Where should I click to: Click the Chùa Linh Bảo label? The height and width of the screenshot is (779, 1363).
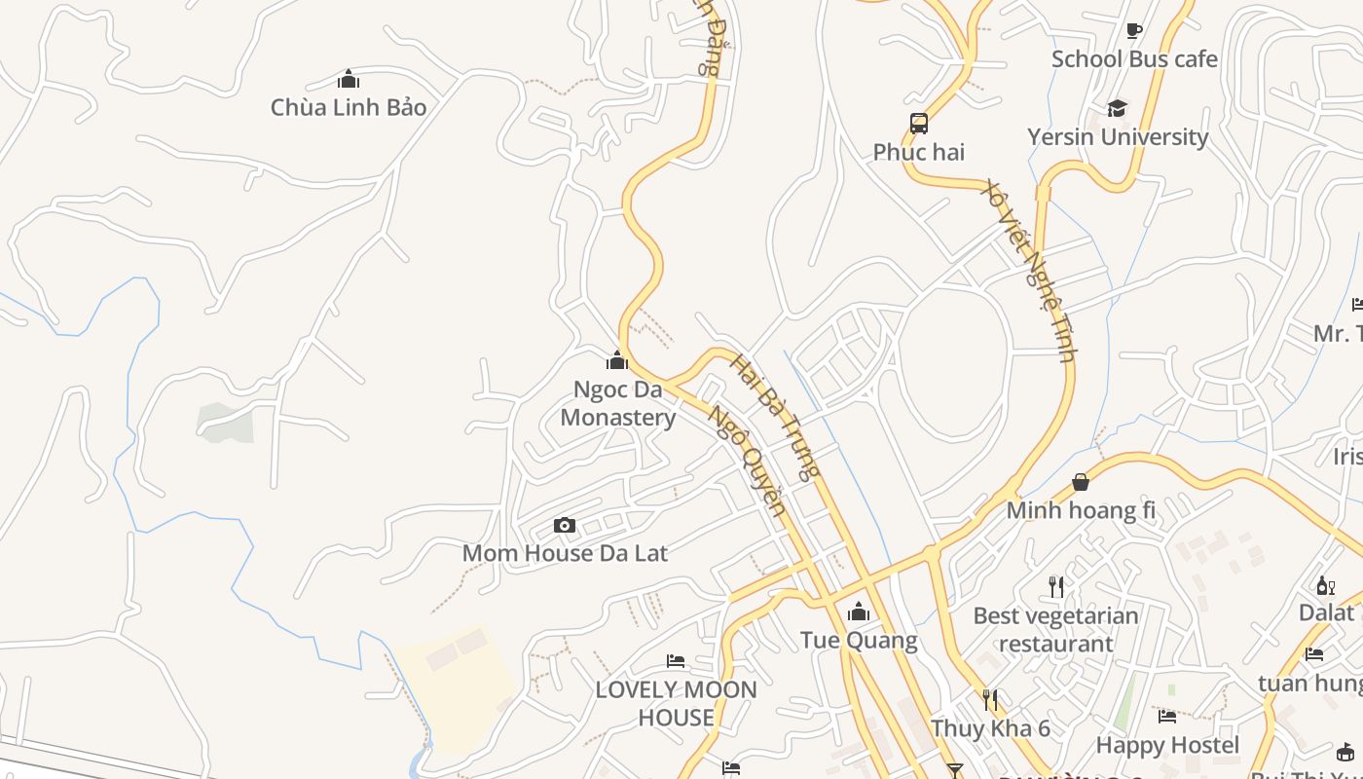pyautogui.click(x=349, y=107)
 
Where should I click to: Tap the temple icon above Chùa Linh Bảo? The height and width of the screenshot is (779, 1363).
pyautogui.click(x=349, y=79)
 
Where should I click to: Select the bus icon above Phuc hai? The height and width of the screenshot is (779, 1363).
pyautogui.click(x=919, y=124)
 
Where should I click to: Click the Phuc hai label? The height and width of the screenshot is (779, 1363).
pyautogui.click(x=918, y=152)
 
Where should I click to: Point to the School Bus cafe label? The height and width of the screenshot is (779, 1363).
pyautogui.click(x=1134, y=59)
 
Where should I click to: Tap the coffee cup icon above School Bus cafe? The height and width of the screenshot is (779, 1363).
pyautogui.click(x=1133, y=30)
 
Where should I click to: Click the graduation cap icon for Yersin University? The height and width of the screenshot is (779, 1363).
pyautogui.click(x=1117, y=108)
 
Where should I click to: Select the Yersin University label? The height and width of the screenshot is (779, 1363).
pyautogui.click(x=1118, y=137)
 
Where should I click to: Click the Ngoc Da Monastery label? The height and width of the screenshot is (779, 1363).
pyautogui.click(x=618, y=403)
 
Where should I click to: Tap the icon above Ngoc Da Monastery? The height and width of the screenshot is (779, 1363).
pyautogui.click(x=617, y=361)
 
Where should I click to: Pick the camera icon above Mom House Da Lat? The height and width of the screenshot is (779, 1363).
pyautogui.click(x=565, y=526)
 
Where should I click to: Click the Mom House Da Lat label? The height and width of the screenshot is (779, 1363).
pyautogui.click(x=565, y=553)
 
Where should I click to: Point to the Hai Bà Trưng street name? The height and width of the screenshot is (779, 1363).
pyautogui.click(x=775, y=418)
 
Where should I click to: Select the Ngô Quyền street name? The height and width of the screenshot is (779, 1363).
pyautogui.click(x=746, y=460)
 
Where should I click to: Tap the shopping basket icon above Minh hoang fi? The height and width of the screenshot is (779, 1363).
pyautogui.click(x=1081, y=482)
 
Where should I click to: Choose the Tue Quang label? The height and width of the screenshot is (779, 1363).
pyautogui.click(x=859, y=640)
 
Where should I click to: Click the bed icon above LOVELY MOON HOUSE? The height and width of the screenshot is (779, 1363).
pyautogui.click(x=676, y=661)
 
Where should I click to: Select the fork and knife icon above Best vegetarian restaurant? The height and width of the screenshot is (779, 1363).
pyautogui.click(x=1056, y=586)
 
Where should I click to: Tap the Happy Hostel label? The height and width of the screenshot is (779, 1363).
pyautogui.click(x=1167, y=745)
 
